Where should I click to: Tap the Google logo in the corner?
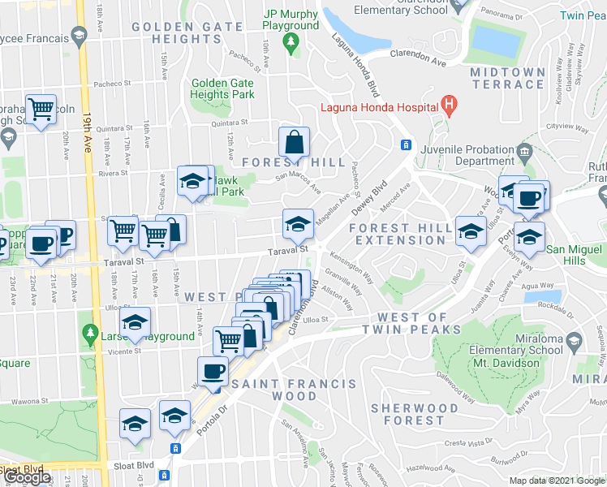point(27,477)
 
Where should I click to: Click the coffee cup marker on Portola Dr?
point(213,371)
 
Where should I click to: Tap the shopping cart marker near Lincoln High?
point(40,108)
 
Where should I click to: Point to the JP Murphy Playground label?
point(291,19)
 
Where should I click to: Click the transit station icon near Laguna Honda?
point(405,145)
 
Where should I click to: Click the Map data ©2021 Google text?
point(556,481)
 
